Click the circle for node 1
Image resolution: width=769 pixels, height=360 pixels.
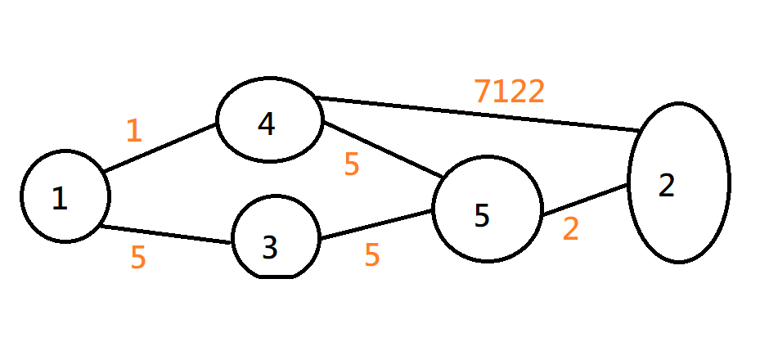pos(65,196)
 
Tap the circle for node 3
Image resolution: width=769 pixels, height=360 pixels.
pos(275,237)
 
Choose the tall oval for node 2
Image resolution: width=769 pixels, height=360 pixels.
pos(678,182)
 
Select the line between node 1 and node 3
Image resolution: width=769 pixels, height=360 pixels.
pos(164,235)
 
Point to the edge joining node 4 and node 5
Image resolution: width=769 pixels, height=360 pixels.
pos(383,151)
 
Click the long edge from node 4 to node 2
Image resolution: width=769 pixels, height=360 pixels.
pos(474,115)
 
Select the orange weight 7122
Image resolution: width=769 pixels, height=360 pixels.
pos(509,92)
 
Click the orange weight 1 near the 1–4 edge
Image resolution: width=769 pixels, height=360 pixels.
pos(134,131)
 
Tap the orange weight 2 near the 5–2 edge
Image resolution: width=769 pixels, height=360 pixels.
pos(570,229)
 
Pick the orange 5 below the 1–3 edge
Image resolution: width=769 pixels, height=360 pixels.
pos(138,258)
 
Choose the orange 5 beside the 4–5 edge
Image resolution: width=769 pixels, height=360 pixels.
pos(352,165)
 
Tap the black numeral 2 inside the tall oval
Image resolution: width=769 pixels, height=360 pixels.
pos(667,187)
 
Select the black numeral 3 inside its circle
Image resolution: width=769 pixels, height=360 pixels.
pos(270,248)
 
